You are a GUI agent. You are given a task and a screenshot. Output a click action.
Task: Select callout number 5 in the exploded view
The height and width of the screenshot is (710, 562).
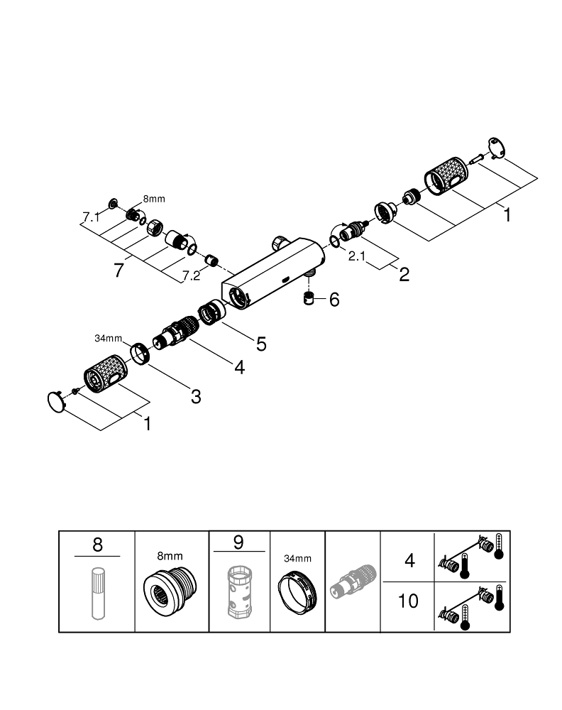260,344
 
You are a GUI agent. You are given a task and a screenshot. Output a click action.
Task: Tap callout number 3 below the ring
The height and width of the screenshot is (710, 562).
196,396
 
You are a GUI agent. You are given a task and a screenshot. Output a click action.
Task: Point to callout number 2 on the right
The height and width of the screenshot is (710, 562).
404,275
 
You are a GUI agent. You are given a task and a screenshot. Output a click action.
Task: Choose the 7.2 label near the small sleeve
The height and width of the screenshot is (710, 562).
191,275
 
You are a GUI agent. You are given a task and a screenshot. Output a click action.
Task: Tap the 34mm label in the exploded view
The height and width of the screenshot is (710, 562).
109,339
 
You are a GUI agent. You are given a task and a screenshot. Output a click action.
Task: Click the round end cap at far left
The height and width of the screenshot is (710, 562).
55,400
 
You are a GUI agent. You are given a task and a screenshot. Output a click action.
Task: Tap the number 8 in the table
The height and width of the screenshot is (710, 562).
97,545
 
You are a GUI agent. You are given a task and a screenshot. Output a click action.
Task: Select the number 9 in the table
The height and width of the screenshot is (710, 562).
238,543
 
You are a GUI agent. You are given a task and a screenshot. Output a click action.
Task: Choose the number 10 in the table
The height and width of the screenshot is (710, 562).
408,602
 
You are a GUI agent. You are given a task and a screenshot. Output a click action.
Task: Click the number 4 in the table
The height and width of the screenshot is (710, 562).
409,561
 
